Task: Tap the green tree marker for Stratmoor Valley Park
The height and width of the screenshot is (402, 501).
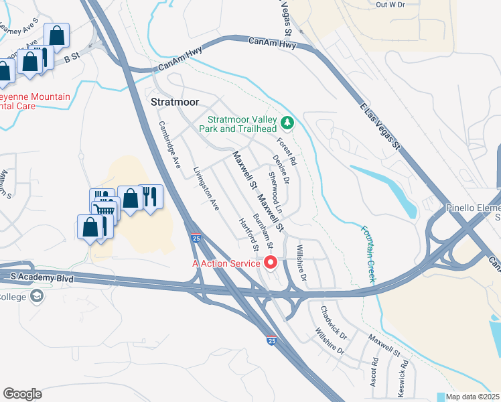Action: (287, 122)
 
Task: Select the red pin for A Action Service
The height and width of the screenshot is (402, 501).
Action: (271, 262)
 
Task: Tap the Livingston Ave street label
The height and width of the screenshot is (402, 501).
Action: (206, 190)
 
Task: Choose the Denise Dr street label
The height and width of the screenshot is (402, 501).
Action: (281, 170)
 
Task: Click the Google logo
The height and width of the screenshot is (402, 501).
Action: (22, 394)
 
